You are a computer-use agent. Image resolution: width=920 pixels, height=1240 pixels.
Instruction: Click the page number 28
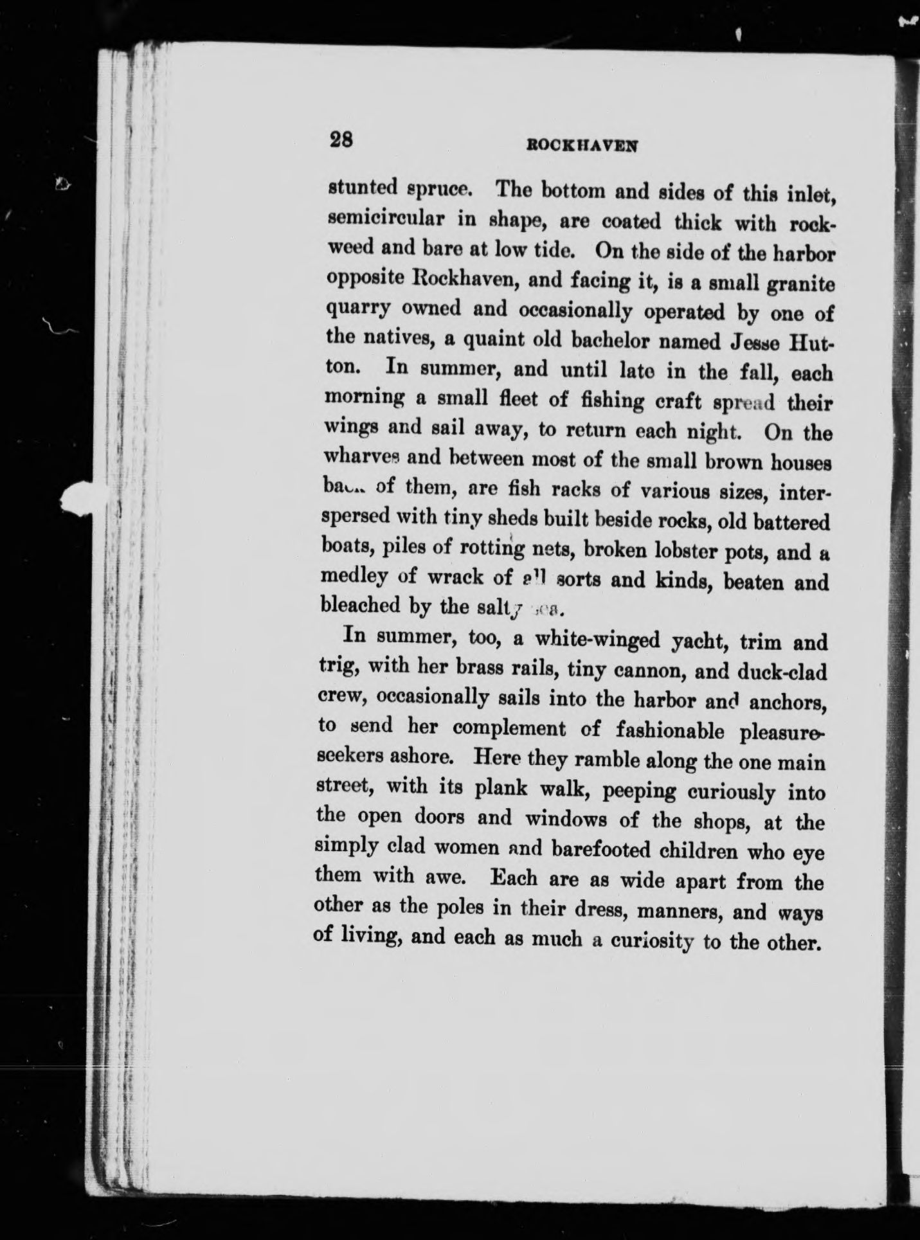point(341,141)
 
